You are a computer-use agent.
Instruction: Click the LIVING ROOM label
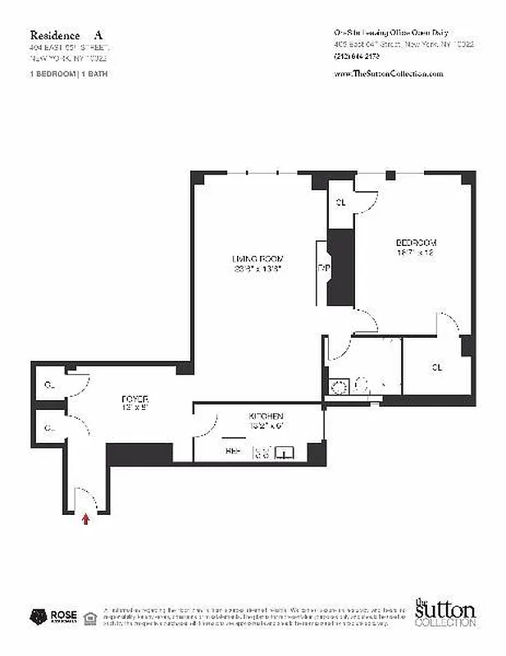(257, 259)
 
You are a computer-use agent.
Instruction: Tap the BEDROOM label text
(416, 243)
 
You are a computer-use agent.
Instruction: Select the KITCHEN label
(267, 417)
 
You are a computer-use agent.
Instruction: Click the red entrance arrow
(85, 517)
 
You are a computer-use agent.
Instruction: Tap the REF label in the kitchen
(233, 450)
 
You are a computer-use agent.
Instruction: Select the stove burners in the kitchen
(262, 450)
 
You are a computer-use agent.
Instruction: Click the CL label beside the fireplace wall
(340, 202)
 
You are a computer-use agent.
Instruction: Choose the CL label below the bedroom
(437, 367)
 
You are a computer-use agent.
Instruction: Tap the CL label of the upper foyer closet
(50, 384)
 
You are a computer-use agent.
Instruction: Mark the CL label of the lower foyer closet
(50, 427)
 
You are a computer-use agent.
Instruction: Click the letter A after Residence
(98, 35)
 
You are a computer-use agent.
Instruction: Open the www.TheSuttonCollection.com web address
(389, 74)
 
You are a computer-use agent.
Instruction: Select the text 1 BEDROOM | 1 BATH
(68, 74)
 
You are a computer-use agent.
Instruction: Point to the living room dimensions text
(257, 269)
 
